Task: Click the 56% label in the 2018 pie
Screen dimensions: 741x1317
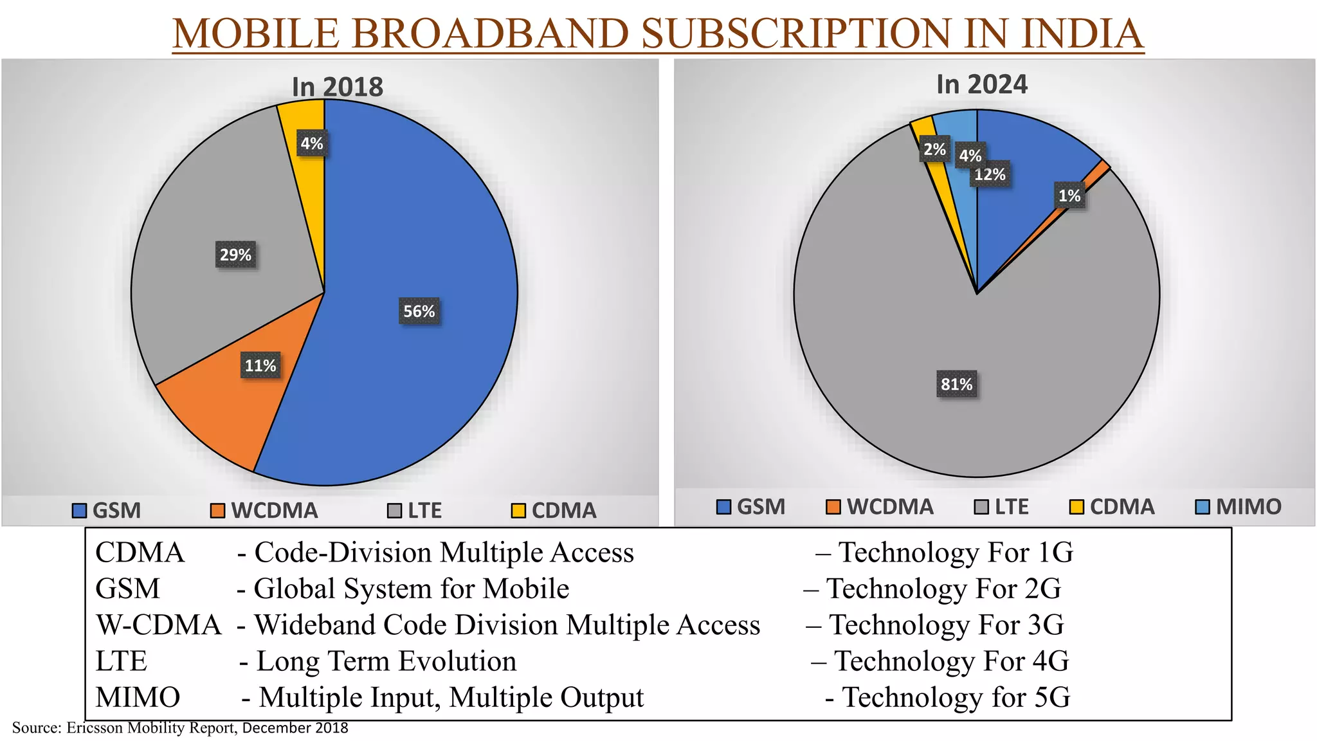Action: pos(419,311)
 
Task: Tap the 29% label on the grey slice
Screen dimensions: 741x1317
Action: pos(235,255)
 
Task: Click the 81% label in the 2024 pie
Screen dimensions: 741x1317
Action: pos(956,384)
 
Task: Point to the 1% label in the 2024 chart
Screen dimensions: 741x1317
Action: pos(1069,196)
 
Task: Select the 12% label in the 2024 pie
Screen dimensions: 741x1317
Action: pos(990,174)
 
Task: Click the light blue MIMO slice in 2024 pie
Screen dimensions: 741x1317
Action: pos(958,129)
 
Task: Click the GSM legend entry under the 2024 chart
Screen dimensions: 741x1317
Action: pos(751,507)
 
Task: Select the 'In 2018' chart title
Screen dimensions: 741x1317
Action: pos(337,87)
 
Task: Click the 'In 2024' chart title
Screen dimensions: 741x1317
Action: pos(981,84)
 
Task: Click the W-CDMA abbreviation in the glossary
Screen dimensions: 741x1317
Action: pos(158,625)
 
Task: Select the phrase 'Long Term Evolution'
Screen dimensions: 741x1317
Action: pos(386,661)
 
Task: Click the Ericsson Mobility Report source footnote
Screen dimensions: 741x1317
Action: pos(180,728)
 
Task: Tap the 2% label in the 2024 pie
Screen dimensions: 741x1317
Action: pos(934,150)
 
